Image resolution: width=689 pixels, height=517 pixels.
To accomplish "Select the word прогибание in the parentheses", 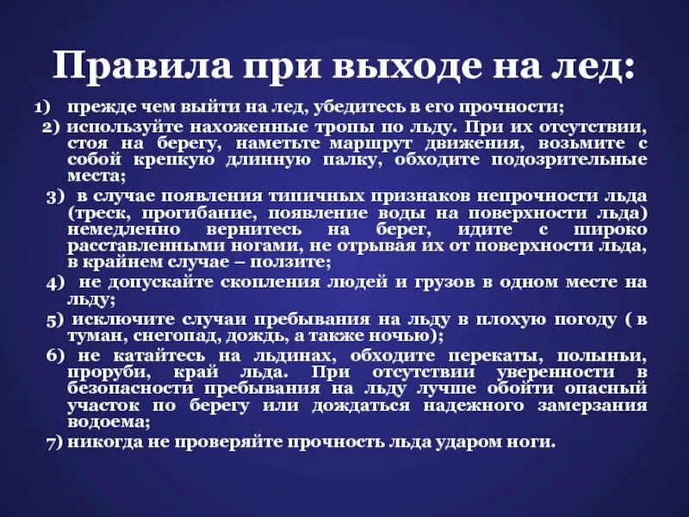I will click(x=200, y=213).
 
